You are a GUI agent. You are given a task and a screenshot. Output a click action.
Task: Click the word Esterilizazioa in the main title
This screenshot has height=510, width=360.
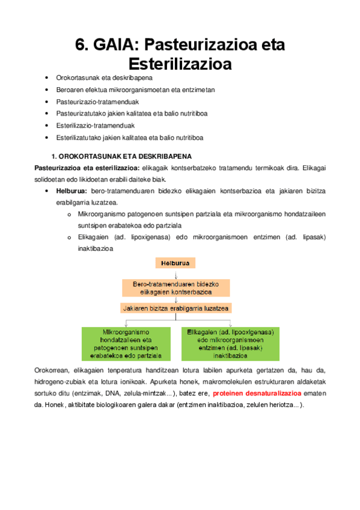click(x=180, y=63)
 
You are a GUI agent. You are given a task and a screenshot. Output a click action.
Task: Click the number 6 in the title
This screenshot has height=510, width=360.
click(x=81, y=45)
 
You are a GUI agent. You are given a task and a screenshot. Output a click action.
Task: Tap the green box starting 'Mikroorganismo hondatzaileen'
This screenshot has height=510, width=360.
click(x=126, y=343)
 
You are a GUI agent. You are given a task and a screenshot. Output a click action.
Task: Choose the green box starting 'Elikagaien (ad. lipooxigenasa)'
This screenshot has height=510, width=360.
click(x=231, y=343)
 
